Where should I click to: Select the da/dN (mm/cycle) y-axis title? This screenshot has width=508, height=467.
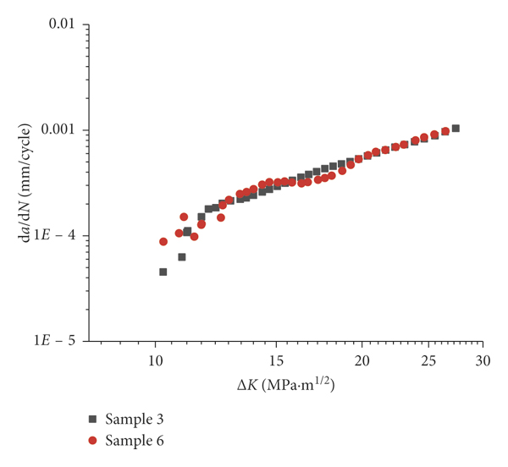click(x=25, y=182)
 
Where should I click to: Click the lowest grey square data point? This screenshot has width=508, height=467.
click(x=163, y=272)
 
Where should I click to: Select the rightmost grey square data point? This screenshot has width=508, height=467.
click(x=456, y=129)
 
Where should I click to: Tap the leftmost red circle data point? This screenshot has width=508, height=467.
click(x=163, y=241)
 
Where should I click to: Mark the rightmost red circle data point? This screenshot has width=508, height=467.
click(x=445, y=131)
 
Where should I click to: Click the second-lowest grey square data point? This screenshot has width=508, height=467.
click(x=181, y=256)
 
